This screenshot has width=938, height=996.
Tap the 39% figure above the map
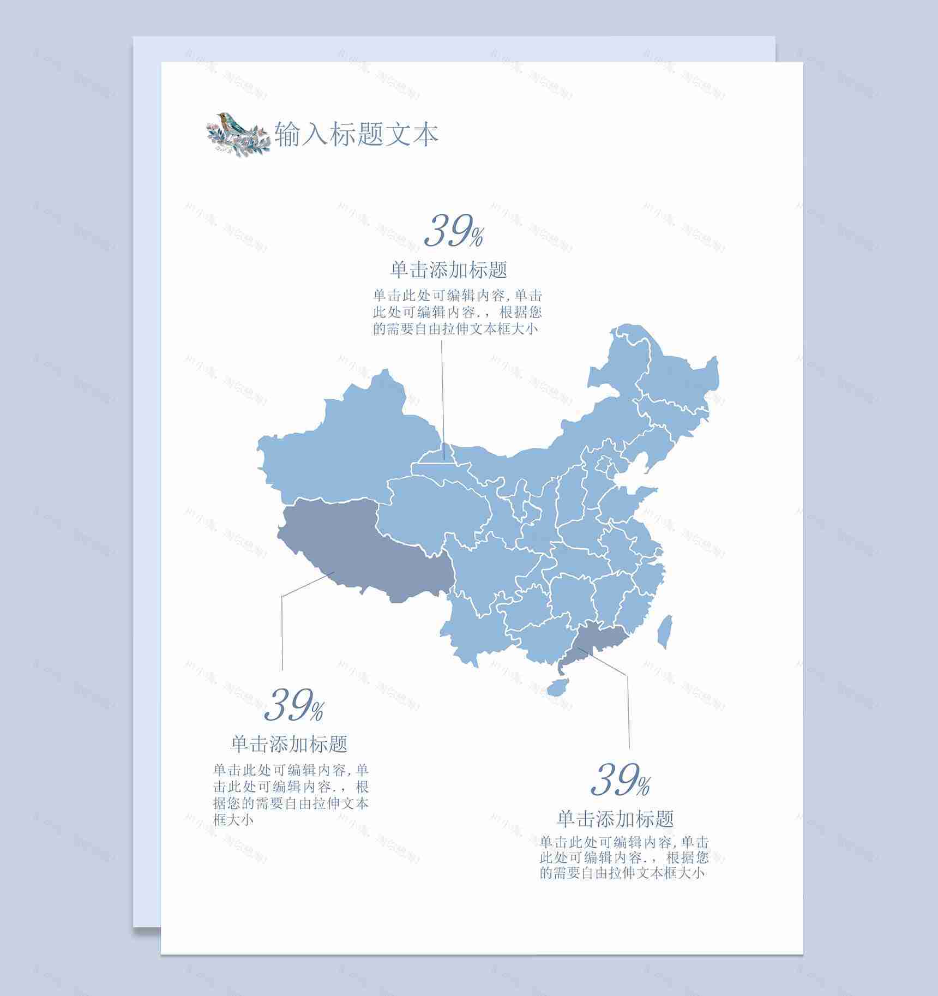pyautogui.click(x=454, y=231)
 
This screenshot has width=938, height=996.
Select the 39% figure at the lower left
pyautogui.click(x=294, y=705)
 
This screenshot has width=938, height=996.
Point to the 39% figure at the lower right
pyautogui.click(x=621, y=779)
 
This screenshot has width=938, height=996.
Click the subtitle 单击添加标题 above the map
pyautogui.click(x=449, y=269)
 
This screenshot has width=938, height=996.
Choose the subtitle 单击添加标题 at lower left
pyautogui.click(x=289, y=743)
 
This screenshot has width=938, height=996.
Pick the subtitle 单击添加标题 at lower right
pyautogui.click(x=615, y=818)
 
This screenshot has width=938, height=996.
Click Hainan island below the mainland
pyautogui.click(x=557, y=687)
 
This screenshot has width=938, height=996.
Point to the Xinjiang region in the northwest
pyautogui.click(x=344, y=447)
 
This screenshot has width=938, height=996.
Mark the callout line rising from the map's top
pyautogui.click(x=443, y=398)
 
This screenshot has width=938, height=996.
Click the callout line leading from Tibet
pyautogui.click(x=282, y=627)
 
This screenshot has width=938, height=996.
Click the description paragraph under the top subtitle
pyautogui.click(x=457, y=312)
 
